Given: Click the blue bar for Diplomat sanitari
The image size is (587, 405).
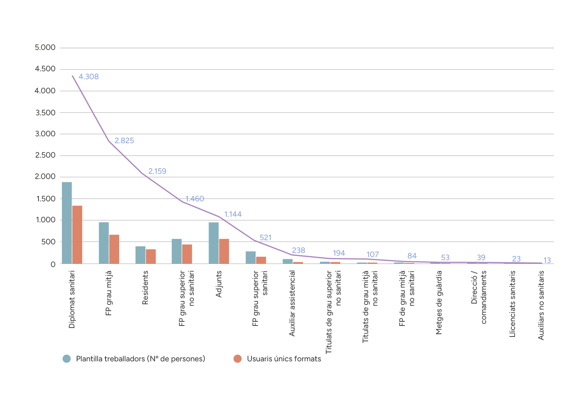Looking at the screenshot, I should [x=67, y=223].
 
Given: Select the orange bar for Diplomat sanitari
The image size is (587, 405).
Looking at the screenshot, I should [x=77, y=235].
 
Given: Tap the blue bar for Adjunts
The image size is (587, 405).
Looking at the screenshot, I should [x=213, y=243].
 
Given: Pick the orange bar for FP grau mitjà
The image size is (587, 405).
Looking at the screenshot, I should [x=114, y=249].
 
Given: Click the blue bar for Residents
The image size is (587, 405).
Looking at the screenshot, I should [x=140, y=255].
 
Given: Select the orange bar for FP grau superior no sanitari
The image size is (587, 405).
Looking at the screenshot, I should [x=187, y=254].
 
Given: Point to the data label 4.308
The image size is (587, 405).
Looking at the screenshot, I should [x=89, y=77].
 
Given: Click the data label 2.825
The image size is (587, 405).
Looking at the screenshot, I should [x=124, y=141].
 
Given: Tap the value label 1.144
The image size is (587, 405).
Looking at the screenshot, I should [x=233, y=214].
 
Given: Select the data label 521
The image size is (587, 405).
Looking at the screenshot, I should [x=265, y=238].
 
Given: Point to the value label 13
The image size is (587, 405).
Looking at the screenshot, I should [x=547, y=260].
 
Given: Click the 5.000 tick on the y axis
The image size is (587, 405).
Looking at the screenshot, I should [x=45, y=47].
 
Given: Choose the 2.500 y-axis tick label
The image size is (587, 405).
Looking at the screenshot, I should [x=45, y=155].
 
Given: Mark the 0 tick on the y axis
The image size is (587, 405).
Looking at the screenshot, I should [x=53, y=264].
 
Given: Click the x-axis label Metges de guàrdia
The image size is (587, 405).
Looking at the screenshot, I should [x=439, y=302].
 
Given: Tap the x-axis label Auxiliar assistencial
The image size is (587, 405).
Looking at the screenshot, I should [x=292, y=303].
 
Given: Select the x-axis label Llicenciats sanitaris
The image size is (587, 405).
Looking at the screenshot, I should [x=512, y=304].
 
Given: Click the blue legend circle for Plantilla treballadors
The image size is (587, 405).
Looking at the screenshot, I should [x=67, y=359].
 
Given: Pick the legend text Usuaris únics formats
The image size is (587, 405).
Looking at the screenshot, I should [x=284, y=359].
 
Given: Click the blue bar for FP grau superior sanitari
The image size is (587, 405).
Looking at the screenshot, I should [x=251, y=257].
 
